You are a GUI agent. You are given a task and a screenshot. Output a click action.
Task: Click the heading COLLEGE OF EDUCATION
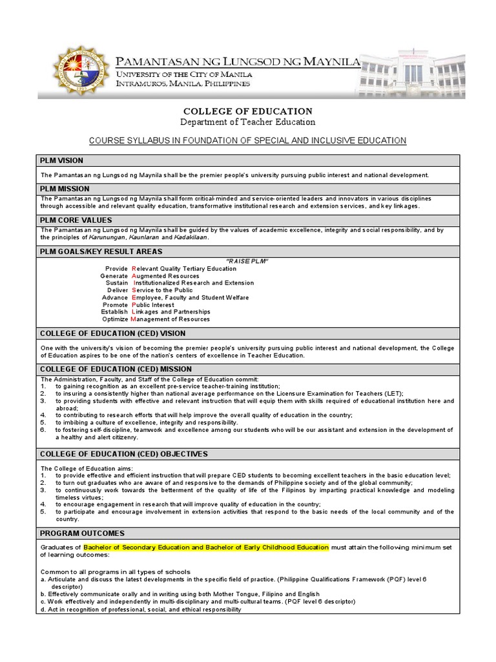pyautogui.click(x=248, y=111)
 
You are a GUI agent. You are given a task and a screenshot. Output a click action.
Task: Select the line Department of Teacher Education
pyautogui.click(x=248, y=122)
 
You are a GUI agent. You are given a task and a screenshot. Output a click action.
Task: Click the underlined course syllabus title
pyautogui.click(x=248, y=140)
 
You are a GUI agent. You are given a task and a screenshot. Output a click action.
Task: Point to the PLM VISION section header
pyautogui.click(x=61, y=160)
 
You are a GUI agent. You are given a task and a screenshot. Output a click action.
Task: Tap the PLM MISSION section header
pyautogui.click(x=64, y=189)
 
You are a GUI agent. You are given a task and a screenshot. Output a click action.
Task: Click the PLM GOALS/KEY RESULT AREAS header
pyautogui.click(x=101, y=251)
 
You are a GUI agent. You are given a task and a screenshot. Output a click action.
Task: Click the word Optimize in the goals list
pyautogui.click(x=115, y=319)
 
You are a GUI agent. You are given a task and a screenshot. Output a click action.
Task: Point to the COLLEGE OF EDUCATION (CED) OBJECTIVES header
pyautogui.click(x=124, y=454)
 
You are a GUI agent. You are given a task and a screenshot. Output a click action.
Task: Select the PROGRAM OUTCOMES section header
pyautogui.click(x=82, y=533)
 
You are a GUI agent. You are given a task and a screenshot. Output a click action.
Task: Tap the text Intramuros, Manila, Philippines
pyautogui.click(x=183, y=84)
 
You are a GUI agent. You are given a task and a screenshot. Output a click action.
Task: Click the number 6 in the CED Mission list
pyautogui.click(x=43, y=430)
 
